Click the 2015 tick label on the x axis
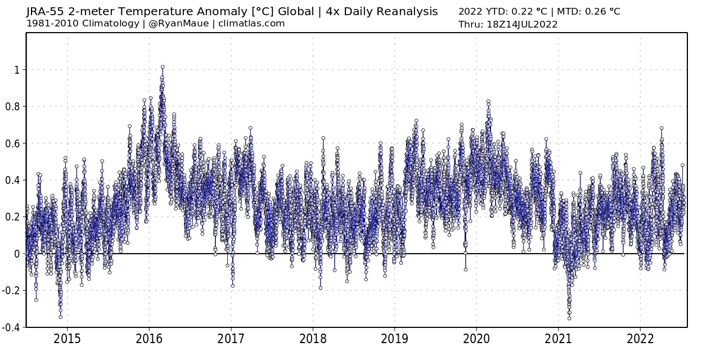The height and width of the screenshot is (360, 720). (67, 339)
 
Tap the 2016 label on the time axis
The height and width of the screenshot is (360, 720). (149, 339)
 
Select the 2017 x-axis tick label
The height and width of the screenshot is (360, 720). (231, 339)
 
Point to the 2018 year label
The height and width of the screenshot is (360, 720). (313, 339)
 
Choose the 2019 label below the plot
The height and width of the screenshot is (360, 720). (394, 339)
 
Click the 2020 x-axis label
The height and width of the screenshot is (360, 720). (476, 339)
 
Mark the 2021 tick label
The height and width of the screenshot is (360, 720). (558, 339)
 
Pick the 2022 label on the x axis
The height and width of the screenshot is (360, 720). (640, 339)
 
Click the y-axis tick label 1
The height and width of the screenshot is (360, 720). (17, 70)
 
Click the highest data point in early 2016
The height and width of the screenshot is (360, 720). (163, 67)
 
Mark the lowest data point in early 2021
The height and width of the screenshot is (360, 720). (569, 318)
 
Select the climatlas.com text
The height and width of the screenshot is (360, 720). (252, 24)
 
